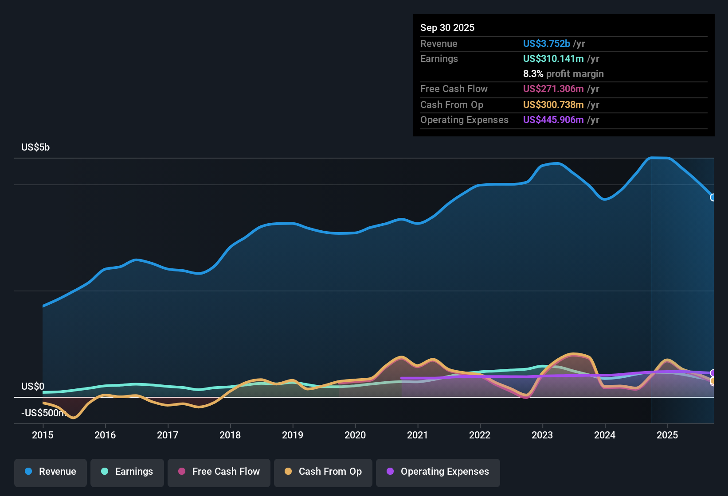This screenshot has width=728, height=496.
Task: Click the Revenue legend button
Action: (51, 472)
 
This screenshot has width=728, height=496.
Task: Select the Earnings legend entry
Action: (127, 472)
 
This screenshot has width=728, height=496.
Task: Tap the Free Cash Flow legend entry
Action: (219, 472)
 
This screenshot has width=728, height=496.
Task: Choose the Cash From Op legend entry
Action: (323, 472)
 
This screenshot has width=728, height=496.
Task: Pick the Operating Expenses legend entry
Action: (438, 472)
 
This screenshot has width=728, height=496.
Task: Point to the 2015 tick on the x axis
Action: (43, 435)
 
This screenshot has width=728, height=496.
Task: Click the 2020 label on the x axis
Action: (355, 435)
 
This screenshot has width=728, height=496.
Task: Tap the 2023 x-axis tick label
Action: (542, 435)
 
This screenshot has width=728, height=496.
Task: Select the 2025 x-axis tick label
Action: (667, 435)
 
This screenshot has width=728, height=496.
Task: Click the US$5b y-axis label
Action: (35, 147)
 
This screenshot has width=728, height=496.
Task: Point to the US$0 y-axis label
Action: (33, 386)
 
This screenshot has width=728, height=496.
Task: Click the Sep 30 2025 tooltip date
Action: (447, 27)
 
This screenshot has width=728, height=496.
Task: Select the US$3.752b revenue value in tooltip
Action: (546, 43)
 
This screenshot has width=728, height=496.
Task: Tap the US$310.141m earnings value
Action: (553, 58)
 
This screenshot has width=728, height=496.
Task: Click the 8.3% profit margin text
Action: (563, 74)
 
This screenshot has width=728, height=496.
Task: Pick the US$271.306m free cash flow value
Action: (553, 89)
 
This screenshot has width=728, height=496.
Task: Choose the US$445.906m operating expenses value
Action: (553, 120)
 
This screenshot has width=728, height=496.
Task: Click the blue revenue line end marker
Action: (713, 198)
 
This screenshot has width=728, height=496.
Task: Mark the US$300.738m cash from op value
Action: (553, 105)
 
